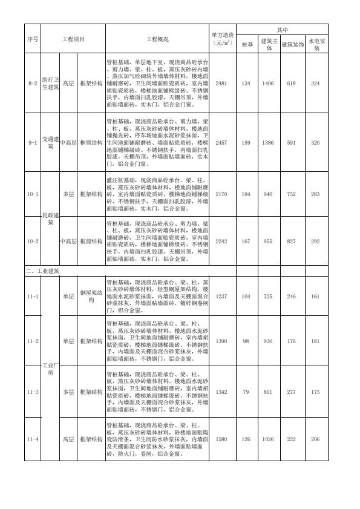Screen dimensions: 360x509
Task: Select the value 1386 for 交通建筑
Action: pyautogui.click(x=269, y=142)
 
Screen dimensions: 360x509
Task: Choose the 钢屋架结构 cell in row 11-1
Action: pyautogui.click(x=91, y=297)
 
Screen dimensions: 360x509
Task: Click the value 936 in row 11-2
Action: pyautogui.click(x=269, y=341)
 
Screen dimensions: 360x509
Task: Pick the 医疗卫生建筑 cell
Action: pyautogui.click(x=50, y=83)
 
